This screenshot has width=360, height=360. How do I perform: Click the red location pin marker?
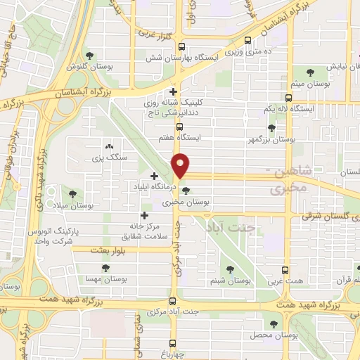[x=181, y=166]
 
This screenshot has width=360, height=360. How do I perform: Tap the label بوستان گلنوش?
[x=85, y=67]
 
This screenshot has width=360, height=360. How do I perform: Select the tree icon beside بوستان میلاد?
[x=72, y=194]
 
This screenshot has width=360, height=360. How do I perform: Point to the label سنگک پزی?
[x=108, y=158]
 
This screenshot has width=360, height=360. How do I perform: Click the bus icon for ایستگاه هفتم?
[x=181, y=127]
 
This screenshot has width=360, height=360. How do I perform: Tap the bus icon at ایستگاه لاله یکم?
[x=288, y=98]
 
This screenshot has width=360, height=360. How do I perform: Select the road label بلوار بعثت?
[x=112, y=250]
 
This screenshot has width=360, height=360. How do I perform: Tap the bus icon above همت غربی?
[x=285, y=271]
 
